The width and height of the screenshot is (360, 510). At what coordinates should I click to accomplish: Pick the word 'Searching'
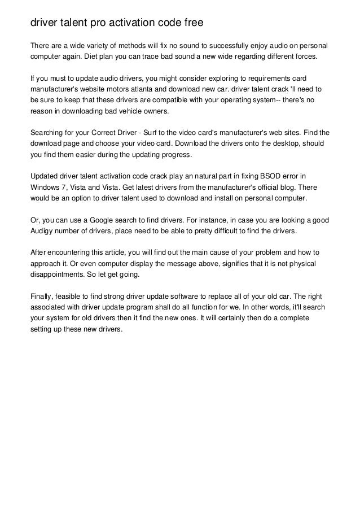click(x=48, y=133)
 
